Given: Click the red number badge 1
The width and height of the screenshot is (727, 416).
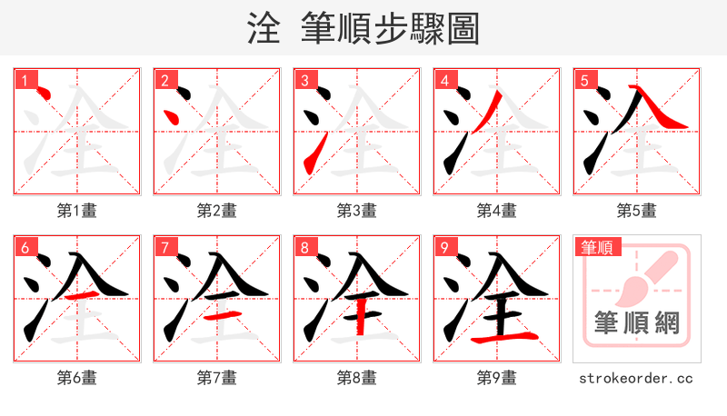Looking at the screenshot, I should coord(24,80).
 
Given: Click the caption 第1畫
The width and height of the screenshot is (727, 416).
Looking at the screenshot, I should coord(77,211).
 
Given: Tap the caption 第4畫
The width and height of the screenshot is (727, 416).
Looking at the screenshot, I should coord(497,211).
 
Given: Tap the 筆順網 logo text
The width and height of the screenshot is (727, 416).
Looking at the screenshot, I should coord(636,322).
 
